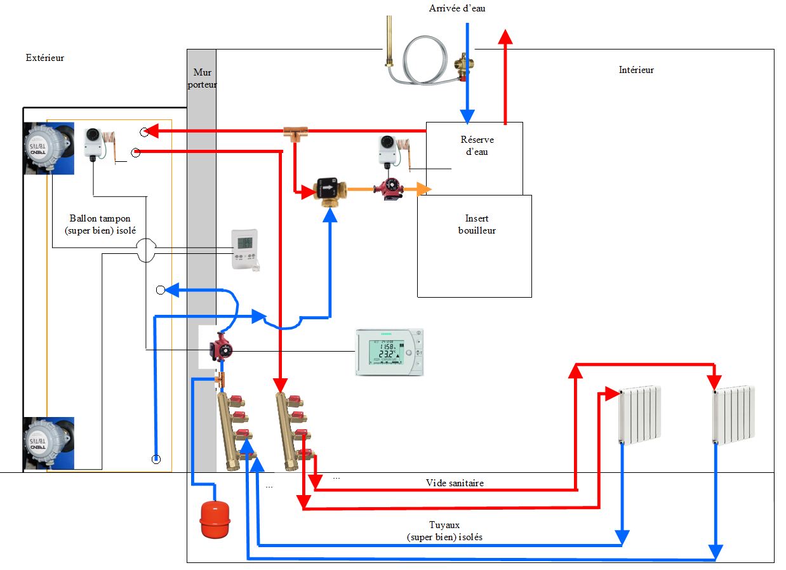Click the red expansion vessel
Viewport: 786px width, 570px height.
(x=215, y=520)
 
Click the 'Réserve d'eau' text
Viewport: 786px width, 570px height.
(x=476, y=145)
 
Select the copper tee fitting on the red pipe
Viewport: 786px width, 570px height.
(x=295, y=133)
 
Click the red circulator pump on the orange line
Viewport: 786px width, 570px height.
(x=387, y=188)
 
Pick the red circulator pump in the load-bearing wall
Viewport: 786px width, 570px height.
(x=220, y=347)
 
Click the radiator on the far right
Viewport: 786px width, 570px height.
(x=734, y=414)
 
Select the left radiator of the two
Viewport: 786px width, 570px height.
(x=640, y=414)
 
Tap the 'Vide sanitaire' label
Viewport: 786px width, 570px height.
(x=455, y=483)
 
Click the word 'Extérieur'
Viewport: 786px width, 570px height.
(x=45, y=58)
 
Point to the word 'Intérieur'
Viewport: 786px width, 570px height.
(x=636, y=70)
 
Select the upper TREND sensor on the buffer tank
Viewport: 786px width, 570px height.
(x=44, y=147)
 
